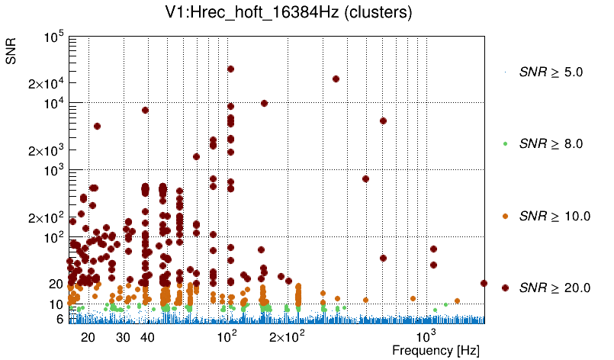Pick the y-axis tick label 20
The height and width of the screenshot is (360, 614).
pyautogui.click(x=56, y=284)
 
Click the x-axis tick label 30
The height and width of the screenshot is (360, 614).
pyautogui.click(x=124, y=337)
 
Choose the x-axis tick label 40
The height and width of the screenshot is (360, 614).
pyautogui.click(x=148, y=337)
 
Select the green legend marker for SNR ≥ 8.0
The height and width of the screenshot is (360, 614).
pyautogui.click(x=505, y=143)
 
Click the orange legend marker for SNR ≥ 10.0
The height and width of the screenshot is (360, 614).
pyautogui.click(x=505, y=216)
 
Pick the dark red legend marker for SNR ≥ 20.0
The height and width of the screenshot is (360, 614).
pyautogui.click(x=505, y=288)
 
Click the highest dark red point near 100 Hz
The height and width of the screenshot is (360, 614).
pyautogui.click(x=230, y=69)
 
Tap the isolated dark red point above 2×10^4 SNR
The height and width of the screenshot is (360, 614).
pyautogui.click(x=336, y=79)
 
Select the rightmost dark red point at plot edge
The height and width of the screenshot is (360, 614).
pyautogui.click(x=484, y=283)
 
